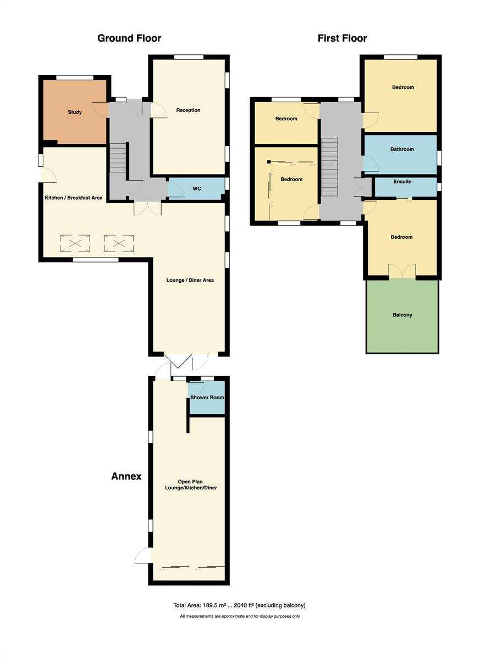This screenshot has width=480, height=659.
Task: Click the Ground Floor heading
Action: click(x=129, y=38)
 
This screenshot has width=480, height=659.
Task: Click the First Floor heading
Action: click(x=342, y=38)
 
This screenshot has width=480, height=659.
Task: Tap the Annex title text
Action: click(x=126, y=476)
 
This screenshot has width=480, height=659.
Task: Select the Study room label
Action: click(x=75, y=112)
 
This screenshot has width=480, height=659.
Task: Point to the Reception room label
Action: click(x=188, y=110)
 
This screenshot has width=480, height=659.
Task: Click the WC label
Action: click(x=197, y=188)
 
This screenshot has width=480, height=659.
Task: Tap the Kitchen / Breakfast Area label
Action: click(x=74, y=198)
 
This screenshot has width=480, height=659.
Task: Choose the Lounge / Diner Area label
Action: click(x=190, y=280)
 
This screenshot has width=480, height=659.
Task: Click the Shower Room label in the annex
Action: click(x=207, y=398)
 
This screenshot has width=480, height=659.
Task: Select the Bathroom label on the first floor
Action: click(x=402, y=149)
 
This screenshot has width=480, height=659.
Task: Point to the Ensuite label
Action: click(x=402, y=182)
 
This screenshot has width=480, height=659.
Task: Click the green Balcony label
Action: click(x=402, y=315)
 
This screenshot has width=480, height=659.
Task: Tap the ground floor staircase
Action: click(x=118, y=158)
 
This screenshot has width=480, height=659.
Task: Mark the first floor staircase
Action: click(x=329, y=166)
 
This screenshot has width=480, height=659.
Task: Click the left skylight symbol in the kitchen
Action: click(x=75, y=243)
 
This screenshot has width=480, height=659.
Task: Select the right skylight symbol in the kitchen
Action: click(x=119, y=243)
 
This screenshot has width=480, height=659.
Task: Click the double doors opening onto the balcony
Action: click(x=402, y=271)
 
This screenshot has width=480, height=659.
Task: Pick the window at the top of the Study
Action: click(x=75, y=77)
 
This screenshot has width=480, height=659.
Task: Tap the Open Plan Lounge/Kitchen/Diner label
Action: click(x=191, y=484)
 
